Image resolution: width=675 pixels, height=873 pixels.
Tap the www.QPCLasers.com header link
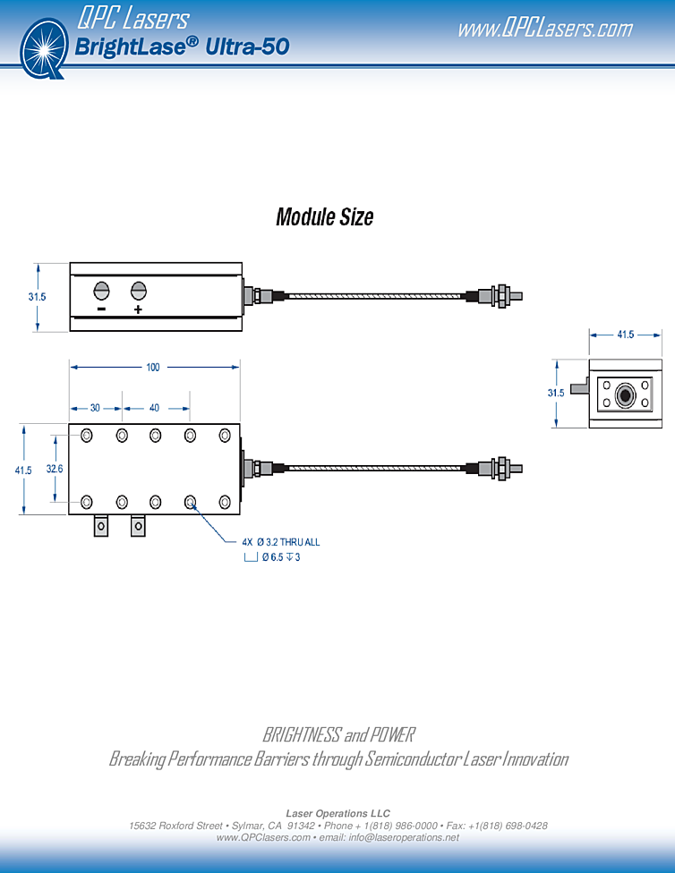click(544, 29)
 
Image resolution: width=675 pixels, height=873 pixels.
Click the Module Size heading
click(324, 216)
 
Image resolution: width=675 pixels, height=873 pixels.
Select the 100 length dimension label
click(153, 368)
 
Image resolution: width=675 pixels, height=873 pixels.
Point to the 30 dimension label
click(95, 408)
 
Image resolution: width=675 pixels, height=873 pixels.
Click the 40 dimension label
click(154, 408)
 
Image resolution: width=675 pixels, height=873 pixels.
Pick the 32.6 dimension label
click(55, 469)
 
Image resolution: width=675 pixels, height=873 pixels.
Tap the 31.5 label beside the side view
click(37, 296)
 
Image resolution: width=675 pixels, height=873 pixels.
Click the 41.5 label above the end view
click(625, 335)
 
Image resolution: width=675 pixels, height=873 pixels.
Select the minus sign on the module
click(101, 310)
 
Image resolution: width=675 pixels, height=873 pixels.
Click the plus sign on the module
click(138, 310)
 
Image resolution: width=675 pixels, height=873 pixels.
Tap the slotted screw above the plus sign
click(138, 290)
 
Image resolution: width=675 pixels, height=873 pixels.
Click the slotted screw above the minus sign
click(101, 290)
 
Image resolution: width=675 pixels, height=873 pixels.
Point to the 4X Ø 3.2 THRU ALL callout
click(280, 542)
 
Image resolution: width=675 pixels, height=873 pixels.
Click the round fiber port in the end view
click(625, 394)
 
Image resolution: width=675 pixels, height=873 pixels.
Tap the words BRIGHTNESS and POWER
click(338, 735)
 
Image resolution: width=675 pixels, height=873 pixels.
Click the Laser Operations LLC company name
click(337, 813)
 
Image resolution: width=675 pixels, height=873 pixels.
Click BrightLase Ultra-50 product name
click(183, 47)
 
